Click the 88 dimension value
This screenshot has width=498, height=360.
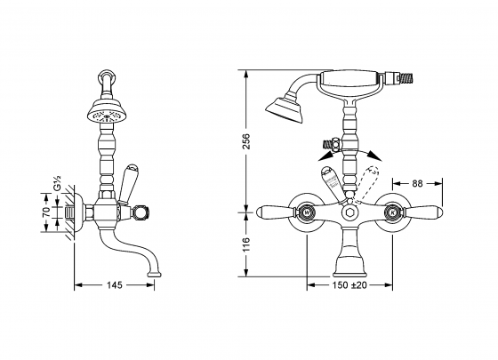[417, 184]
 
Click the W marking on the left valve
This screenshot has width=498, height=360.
[308, 213]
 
